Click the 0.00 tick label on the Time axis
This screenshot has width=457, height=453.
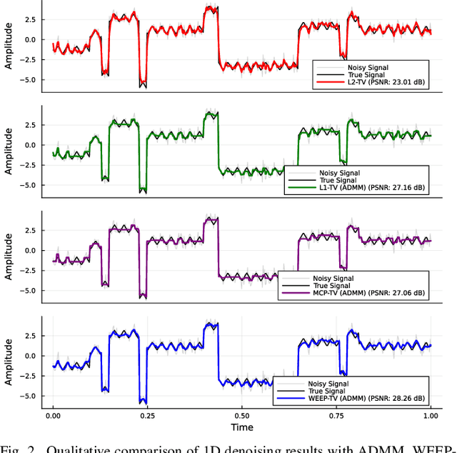[53, 415]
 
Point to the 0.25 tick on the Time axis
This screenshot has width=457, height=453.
[147, 415]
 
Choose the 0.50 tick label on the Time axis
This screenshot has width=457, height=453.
[241, 415]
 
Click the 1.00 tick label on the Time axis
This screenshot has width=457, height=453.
[431, 415]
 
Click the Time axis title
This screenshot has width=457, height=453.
[241, 427]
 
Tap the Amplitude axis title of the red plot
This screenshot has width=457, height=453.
[9, 45]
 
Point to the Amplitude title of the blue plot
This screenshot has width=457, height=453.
[9, 362]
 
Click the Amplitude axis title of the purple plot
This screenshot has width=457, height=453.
[9, 256]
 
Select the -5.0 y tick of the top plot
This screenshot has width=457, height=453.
[27, 79]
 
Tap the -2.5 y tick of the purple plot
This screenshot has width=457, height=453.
[27, 270]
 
